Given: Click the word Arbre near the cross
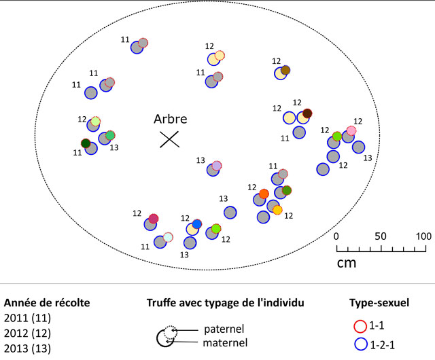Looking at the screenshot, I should [169, 119].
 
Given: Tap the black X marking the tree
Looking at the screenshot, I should [169, 139].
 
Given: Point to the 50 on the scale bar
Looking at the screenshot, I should [381, 236].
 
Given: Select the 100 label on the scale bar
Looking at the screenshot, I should [423, 236].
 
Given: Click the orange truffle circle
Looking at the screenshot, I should [264, 194].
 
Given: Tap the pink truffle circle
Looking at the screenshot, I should [351, 130].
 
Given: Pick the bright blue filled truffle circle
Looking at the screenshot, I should [197, 224].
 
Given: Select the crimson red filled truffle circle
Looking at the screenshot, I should [154, 218].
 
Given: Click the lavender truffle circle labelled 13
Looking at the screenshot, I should [217, 166].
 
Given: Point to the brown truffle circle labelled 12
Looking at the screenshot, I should [285, 70].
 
